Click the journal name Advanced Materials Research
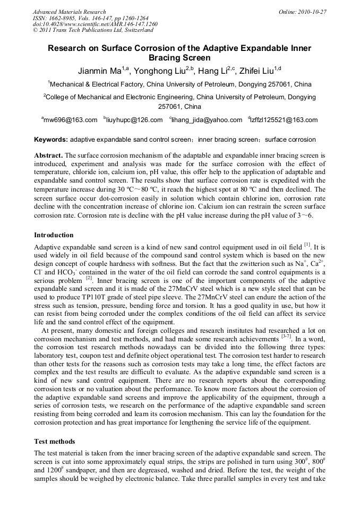pyautogui.click(x=69, y=12)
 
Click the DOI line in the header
pyautogui.click(x=95, y=24)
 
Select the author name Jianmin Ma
pyautogui.click(x=97, y=72)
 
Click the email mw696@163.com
pyautogui.click(x=70, y=120)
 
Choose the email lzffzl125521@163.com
pyautogui.click(x=284, y=120)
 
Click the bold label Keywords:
pyautogui.click(x=51, y=140)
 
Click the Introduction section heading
pyautogui.click(x=54, y=235)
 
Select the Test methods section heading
pyautogui.click(x=55, y=441)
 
